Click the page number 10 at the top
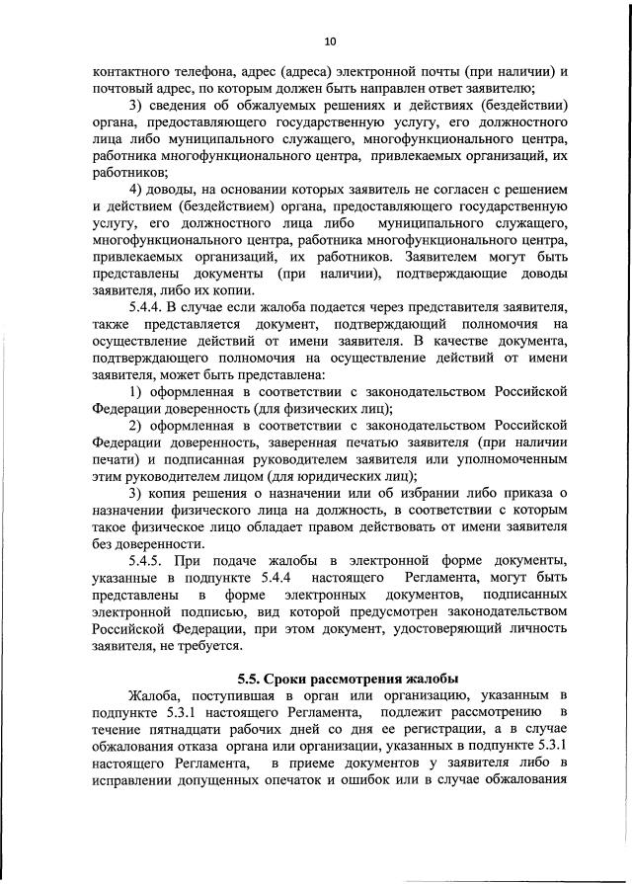(x=330, y=40)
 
